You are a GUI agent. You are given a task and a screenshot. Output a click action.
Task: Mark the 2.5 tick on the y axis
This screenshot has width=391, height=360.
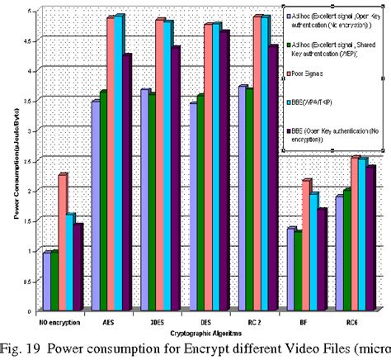coord(31,160)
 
